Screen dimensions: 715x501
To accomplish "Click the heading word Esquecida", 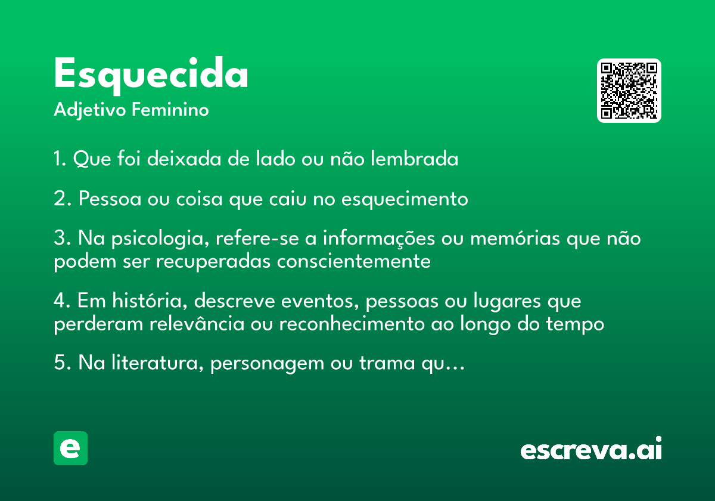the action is point(151,75).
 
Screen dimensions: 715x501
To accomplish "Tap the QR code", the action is point(629,91).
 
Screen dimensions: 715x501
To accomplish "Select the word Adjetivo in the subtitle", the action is point(90,110).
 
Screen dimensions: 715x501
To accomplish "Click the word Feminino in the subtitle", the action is point(170,110).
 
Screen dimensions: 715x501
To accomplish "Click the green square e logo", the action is point(70,448).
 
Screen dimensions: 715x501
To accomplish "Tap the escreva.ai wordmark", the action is point(591,449).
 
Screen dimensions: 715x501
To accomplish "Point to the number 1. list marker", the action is point(60,159).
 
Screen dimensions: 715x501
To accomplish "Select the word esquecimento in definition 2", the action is point(405,199).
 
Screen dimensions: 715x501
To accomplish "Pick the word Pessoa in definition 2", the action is point(110,199).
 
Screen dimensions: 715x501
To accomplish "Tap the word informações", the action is point(378,239).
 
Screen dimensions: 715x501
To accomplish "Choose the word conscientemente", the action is point(354,262).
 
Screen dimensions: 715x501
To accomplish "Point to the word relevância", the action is point(197,323).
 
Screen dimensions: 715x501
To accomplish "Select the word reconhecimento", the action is point(352,323).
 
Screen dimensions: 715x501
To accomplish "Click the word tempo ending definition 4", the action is point(575,324).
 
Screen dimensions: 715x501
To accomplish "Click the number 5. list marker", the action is point(62,363).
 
